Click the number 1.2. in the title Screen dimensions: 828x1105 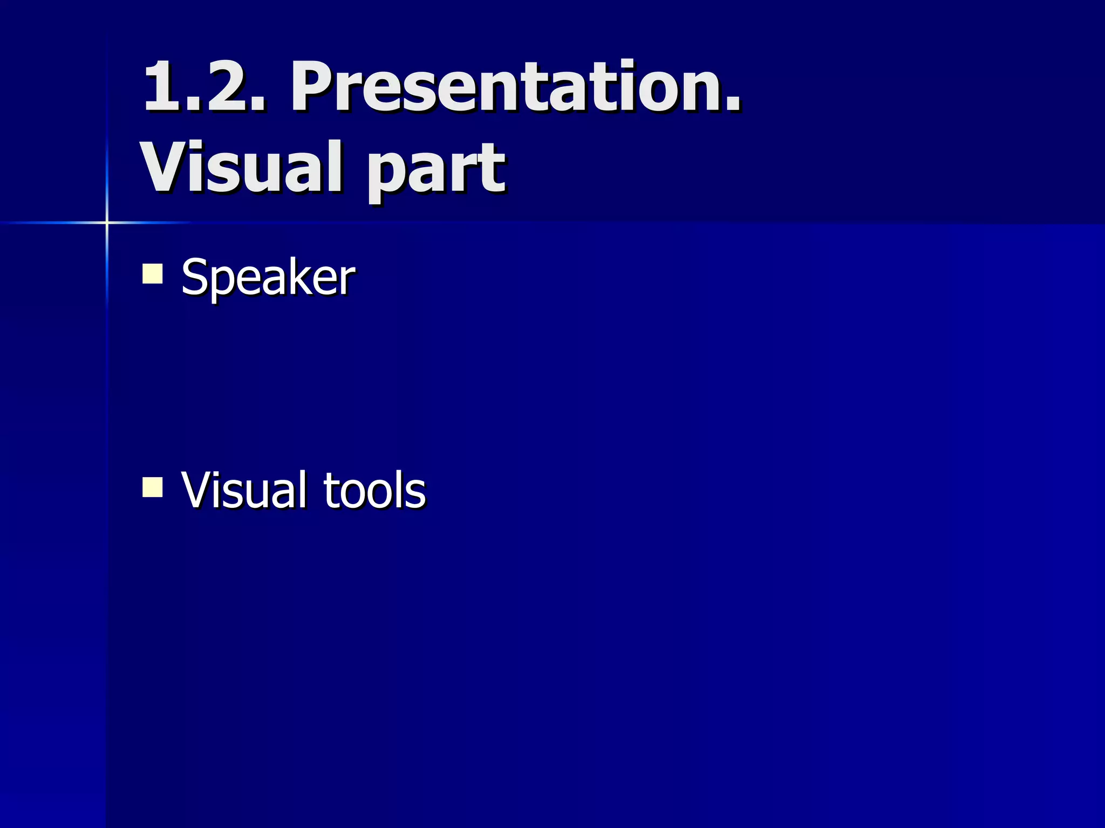point(204,86)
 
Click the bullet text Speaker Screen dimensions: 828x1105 point(268,277)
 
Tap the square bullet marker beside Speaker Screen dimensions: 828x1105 point(153,273)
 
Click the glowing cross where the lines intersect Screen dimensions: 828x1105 point(107,222)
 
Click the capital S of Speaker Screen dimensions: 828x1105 point(195,277)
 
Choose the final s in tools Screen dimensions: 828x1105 point(416,494)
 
